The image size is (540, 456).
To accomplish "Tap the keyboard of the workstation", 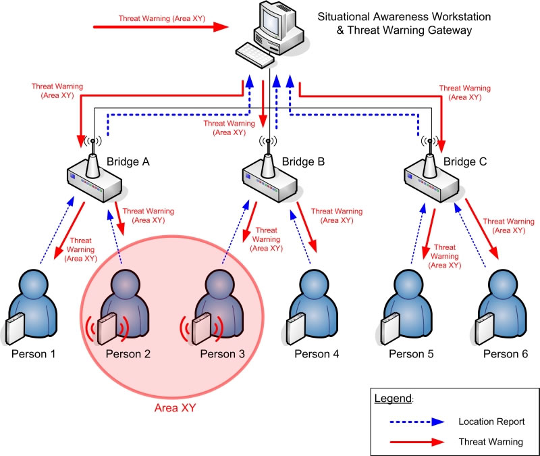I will (x=251, y=53).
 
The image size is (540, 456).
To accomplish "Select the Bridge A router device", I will (x=94, y=180).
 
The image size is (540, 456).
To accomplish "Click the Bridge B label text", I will (x=303, y=161).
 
